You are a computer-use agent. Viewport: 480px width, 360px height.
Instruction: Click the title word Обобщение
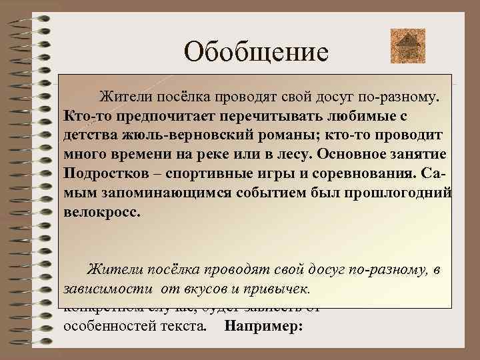(257, 51)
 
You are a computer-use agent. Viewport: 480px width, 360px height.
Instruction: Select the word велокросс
(103, 212)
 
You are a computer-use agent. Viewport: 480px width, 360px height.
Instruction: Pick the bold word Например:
(264, 327)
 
